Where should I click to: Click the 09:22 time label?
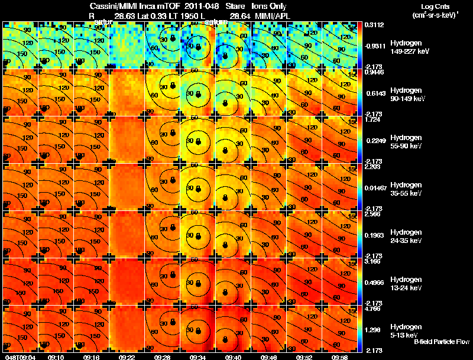click(x=127, y=356)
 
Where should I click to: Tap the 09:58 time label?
click(x=339, y=356)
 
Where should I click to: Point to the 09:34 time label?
click(x=197, y=356)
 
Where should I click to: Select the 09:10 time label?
click(x=57, y=356)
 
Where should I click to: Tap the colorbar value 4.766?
click(x=372, y=308)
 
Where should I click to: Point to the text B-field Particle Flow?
click(x=441, y=342)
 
